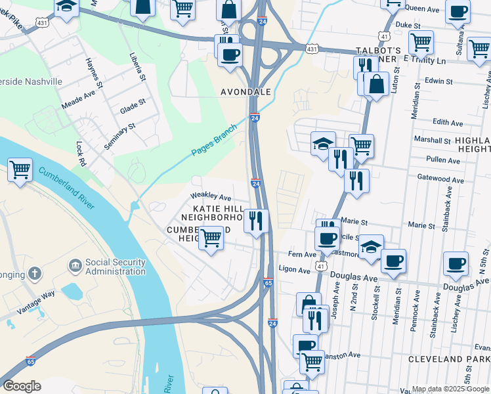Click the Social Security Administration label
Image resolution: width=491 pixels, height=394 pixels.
[115, 267]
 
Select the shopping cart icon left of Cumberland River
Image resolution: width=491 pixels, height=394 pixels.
[20, 170]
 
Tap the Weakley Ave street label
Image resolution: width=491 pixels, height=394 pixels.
[211, 196]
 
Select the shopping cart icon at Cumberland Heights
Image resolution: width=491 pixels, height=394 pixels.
[210, 238]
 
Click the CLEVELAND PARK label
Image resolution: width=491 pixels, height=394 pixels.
[448, 359]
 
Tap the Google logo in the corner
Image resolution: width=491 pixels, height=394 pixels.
[22, 386]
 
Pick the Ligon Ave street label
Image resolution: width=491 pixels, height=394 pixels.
[294, 270]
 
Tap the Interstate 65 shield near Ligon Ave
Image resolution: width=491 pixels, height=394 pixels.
[268, 283]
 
